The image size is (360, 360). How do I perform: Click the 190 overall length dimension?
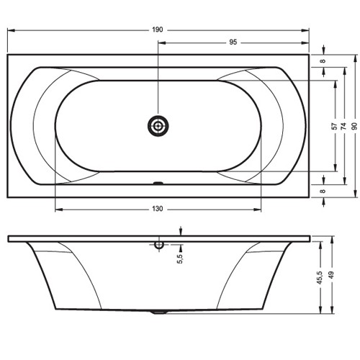point(158,30)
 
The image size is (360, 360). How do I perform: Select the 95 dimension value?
point(233,42)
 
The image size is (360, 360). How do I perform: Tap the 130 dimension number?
point(158,209)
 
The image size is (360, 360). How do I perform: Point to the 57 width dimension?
point(334,126)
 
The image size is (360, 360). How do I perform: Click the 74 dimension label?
point(344,126)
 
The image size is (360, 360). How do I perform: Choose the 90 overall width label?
point(354,126)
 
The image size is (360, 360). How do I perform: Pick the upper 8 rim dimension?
point(323,61)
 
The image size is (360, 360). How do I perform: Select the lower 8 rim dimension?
point(323,191)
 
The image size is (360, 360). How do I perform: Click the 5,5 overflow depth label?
point(180,258)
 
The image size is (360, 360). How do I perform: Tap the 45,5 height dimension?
point(320,278)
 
